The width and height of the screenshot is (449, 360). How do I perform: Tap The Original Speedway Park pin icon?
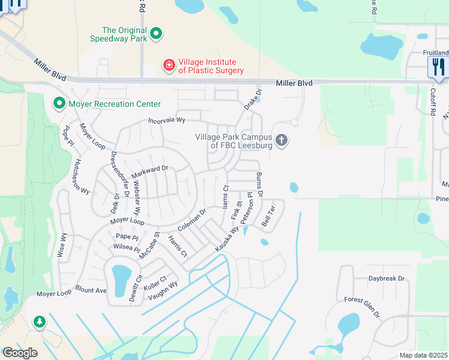click(156, 34)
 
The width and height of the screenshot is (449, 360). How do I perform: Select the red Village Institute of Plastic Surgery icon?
click(170, 65)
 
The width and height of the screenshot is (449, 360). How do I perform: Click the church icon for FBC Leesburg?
click(282, 141)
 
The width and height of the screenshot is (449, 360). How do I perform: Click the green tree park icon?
click(40, 322)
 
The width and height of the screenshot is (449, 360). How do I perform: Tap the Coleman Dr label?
click(192, 220)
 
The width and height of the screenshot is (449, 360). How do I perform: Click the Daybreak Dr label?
click(387, 279)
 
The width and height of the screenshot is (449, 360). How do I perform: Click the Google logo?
click(19, 353)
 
